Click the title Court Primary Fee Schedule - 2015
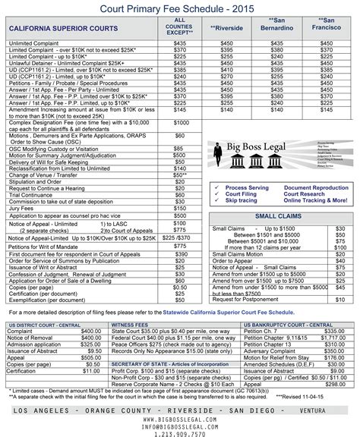(x=180, y=8)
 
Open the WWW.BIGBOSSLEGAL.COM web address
(x=180, y=414)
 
